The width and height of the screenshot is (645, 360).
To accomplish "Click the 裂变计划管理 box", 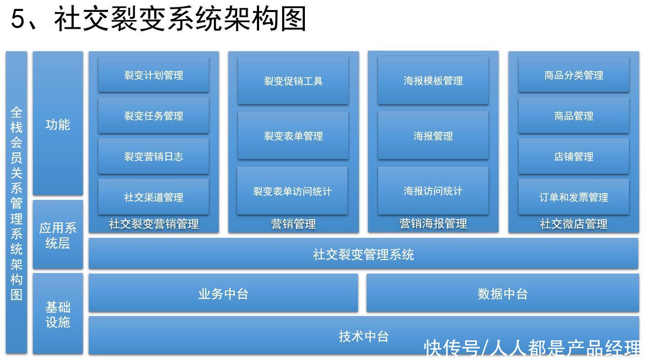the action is click(x=153, y=75).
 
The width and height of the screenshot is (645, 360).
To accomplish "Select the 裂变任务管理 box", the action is click(x=153, y=116).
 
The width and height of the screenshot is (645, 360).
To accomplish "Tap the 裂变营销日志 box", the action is click(x=153, y=156).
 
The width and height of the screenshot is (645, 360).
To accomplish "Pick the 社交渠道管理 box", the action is click(x=153, y=197).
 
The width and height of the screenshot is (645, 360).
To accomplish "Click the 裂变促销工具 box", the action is click(x=293, y=81).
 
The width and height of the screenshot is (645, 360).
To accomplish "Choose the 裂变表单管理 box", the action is click(x=293, y=136).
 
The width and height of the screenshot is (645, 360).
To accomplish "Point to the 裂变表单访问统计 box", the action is click(x=292, y=191).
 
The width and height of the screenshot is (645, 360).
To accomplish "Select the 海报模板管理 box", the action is click(x=433, y=81).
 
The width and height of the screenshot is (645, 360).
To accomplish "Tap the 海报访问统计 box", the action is click(x=433, y=191).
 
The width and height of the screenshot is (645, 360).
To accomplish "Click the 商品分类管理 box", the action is click(x=574, y=75).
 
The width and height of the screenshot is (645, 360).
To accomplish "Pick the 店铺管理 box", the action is click(x=574, y=156).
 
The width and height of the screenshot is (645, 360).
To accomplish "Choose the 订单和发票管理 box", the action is click(x=574, y=197).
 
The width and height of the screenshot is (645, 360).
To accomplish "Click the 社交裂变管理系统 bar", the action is click(x=363, y=254).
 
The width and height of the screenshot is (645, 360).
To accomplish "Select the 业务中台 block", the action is click(x=223, y=293).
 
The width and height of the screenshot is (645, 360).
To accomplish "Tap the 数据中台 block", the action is click(x=503, y=293).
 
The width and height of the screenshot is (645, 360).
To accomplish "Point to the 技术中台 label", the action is click(x=363, y=336).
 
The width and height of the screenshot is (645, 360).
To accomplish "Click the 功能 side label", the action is click(x=58, y=124).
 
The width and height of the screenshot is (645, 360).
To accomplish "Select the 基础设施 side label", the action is click(x=58, y=315).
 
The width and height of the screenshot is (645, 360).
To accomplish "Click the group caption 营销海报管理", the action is click(x=433, y=223).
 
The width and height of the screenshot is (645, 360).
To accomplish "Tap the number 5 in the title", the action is click(x=17, y=18).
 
